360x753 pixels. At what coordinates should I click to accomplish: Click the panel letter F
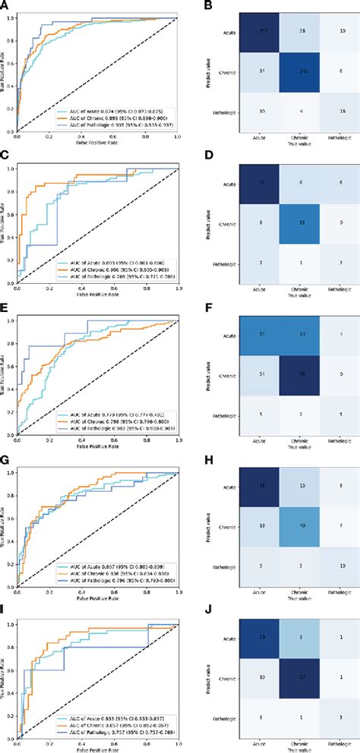point(190,309)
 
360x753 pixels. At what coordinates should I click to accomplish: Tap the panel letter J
point(190,613)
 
